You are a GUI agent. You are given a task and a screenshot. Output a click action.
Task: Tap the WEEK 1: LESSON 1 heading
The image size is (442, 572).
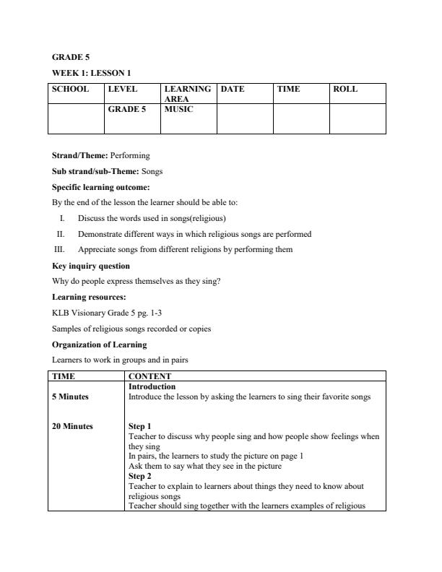coord(91,73)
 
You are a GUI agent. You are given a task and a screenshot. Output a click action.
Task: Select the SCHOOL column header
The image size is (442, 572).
coord(70,90)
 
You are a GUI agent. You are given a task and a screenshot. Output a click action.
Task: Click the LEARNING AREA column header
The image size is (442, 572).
coord(187,94)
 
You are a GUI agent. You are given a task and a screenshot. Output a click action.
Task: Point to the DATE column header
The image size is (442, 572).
coord(233,90)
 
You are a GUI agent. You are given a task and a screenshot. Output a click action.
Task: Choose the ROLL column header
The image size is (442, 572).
coord(345,90)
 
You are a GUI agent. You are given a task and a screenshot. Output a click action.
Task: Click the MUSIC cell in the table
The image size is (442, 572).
coord(178,110)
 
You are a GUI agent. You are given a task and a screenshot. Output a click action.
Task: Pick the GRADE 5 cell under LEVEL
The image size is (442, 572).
coord(126,110)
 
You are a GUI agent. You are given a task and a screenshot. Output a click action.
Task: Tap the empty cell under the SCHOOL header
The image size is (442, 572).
coord(76,118)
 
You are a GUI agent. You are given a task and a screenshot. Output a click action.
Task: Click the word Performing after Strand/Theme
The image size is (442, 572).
coord(130,155)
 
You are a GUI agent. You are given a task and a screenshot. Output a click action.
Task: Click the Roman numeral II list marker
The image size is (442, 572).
coord(61,234)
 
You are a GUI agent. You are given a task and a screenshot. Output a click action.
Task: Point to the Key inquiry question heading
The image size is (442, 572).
coord(91,266)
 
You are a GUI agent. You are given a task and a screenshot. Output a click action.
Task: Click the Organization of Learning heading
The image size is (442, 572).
coord(99,344)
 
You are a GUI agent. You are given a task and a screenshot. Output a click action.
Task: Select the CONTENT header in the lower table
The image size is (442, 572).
coord(149,376)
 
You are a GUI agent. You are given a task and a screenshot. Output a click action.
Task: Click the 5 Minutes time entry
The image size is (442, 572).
coord(71,396)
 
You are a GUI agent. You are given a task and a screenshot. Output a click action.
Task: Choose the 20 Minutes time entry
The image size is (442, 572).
coord(72,426)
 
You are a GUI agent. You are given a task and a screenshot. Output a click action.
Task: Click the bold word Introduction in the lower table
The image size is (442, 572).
coord(152,386)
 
